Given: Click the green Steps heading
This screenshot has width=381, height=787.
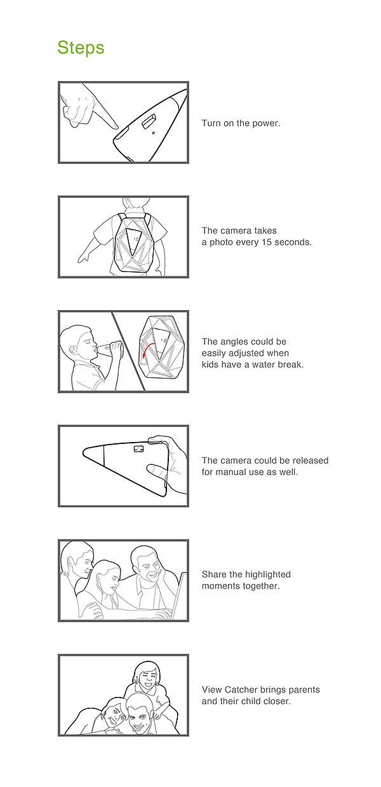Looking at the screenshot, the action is [x=81, y=48].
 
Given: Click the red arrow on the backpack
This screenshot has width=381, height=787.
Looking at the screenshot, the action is [x=149, y=349].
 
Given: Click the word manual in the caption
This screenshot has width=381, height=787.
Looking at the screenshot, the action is [x=231, y=472].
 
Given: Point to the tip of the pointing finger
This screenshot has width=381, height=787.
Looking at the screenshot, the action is [x=116, y=126].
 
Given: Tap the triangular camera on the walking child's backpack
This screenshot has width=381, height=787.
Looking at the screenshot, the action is [x=134, y=240].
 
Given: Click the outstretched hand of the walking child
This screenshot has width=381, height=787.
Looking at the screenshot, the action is [x=83, y=258].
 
